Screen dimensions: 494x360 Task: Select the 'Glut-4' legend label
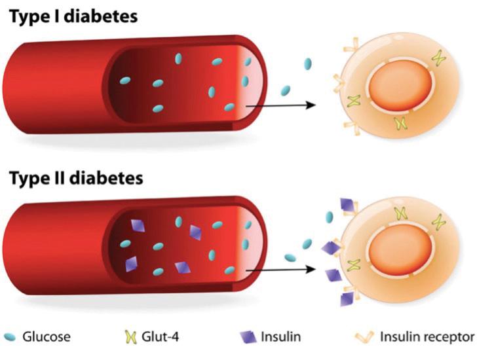click(161, 338)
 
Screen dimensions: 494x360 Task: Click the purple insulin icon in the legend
click(248, 338)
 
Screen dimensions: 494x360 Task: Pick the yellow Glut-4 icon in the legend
click(130, 338)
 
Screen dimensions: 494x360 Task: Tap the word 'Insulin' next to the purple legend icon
click(280, 338)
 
